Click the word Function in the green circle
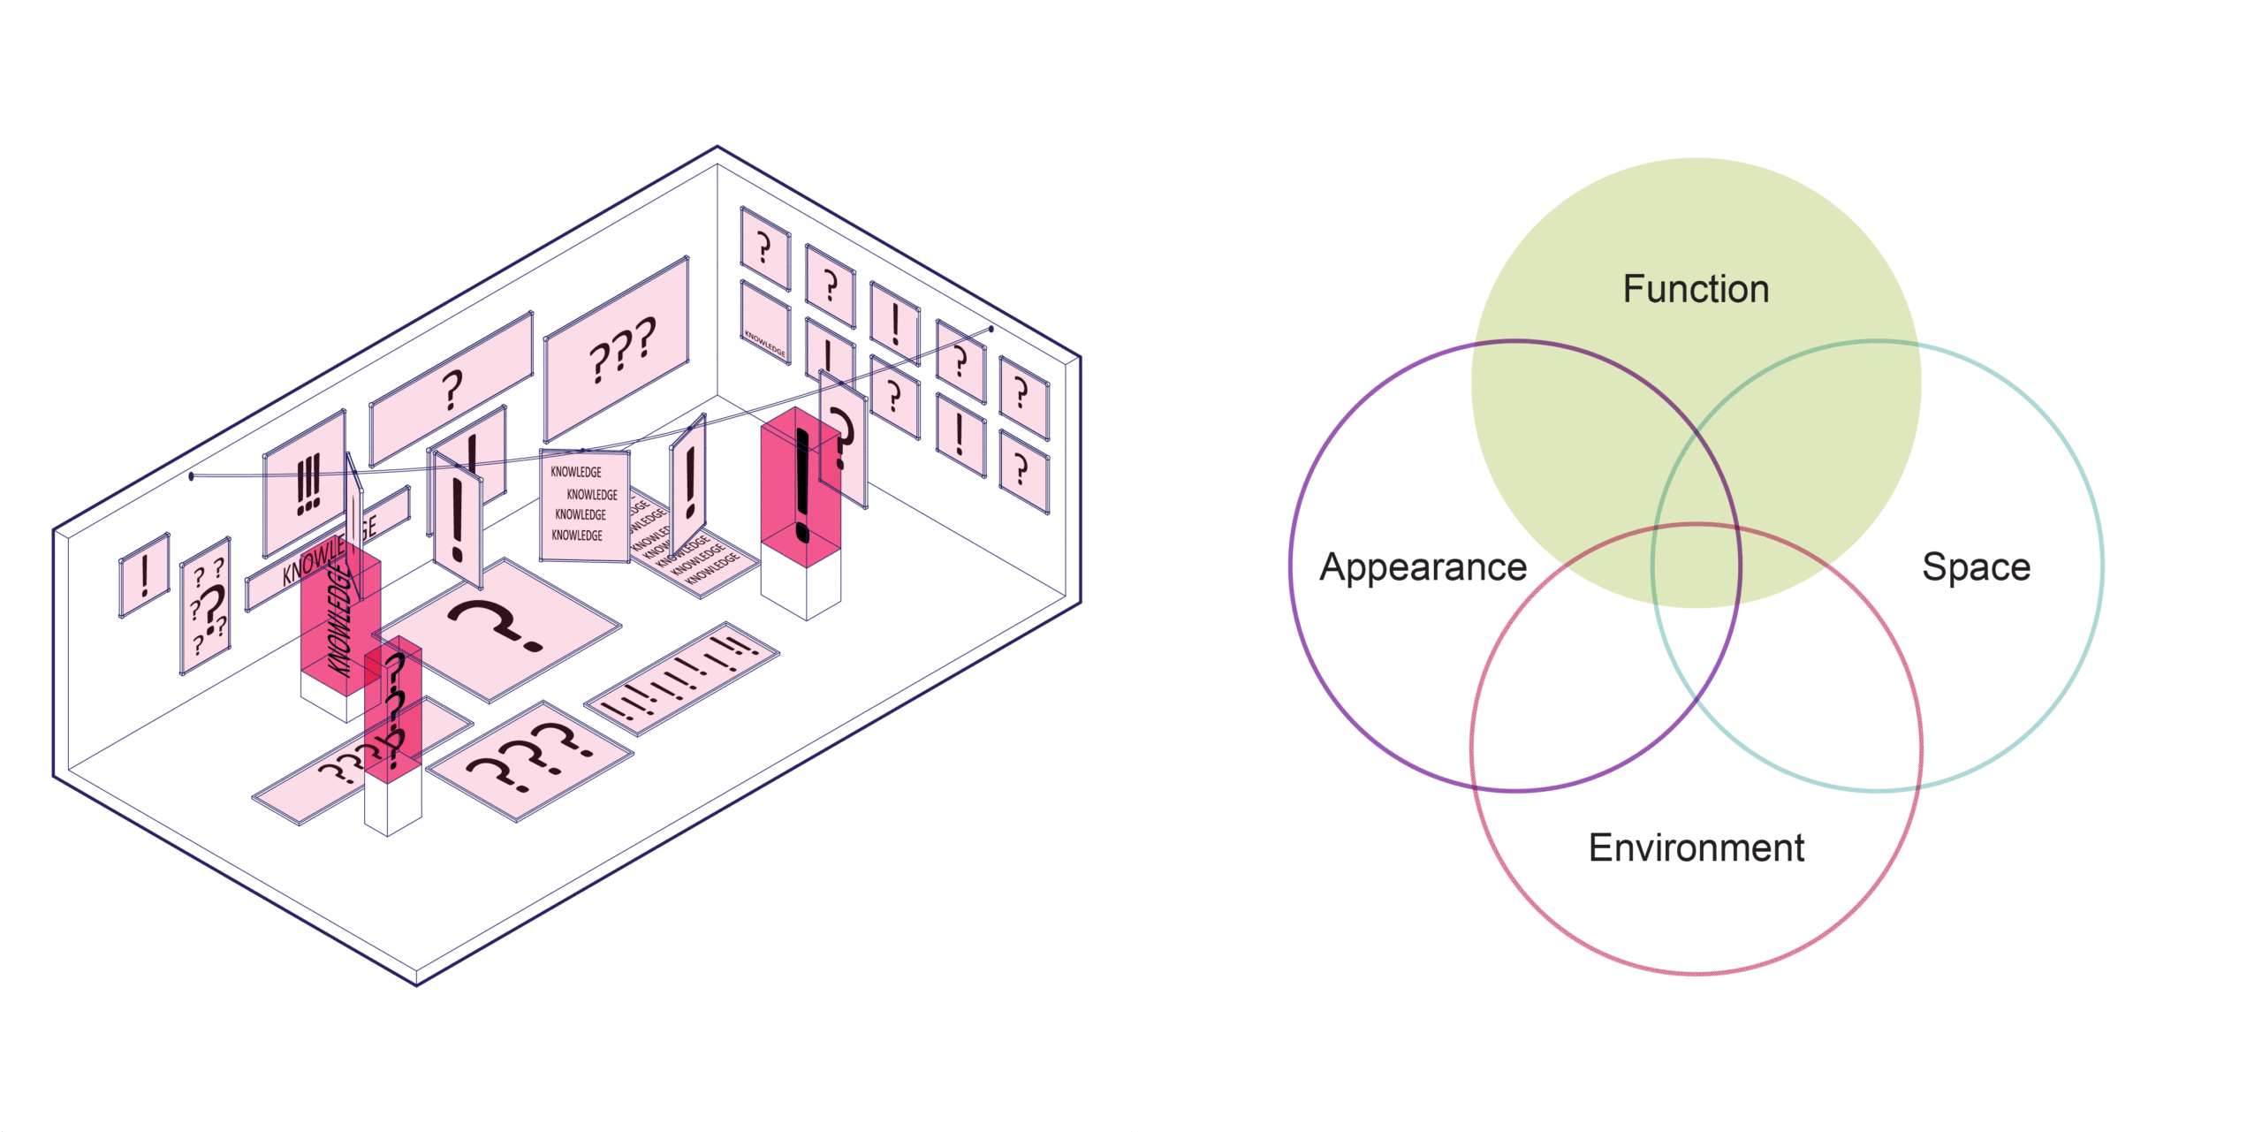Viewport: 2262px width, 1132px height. tap(1696, 289)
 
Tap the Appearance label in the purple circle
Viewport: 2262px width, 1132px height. tap(1423, 566)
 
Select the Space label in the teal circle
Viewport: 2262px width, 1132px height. tap(1976, 566)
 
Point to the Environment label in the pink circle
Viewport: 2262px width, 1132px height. tap(1696, 847)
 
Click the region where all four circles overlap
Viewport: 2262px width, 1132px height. tap(1696, 566)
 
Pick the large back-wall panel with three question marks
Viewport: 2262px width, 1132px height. tap(618, 349)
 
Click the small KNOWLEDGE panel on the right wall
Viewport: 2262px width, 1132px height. tap(765, 323)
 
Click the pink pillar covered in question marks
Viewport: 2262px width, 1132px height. tap(393, 716)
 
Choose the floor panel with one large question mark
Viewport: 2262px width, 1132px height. tap(499, 627)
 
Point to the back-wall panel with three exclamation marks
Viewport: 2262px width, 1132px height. tap(306, 482)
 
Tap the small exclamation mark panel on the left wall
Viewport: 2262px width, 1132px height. tap(144, 575)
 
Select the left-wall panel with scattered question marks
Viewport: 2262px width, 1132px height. tap(206, 606)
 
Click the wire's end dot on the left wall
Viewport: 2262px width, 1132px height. tap(192, 476)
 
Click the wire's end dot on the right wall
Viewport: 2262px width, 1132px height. tap(991, 329)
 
